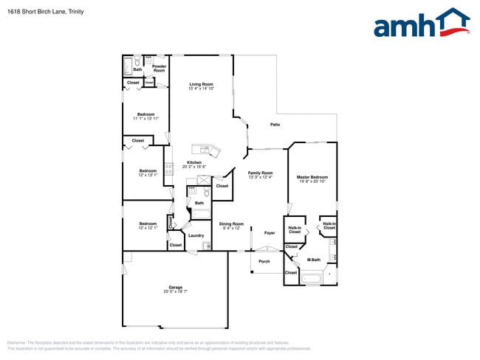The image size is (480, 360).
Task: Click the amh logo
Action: [421, 24]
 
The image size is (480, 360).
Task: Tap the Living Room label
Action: [201, 85]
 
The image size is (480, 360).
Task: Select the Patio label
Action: [275, 125]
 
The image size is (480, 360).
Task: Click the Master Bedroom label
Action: [312, 177]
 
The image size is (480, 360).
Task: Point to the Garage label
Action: [175, 287]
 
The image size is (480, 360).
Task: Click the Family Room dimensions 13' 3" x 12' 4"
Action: [260, 177]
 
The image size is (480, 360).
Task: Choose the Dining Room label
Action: [231, 224]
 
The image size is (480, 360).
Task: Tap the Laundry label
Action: [196, 235]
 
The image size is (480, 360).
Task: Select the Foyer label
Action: [270, 233]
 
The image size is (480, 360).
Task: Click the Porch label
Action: [264, 261]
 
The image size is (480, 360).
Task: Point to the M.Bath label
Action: [313, 260]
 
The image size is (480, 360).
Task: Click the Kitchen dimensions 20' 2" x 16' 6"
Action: [194, 167]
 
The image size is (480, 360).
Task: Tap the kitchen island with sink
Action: [207, 150]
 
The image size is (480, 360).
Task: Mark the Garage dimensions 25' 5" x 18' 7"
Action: [175, 291]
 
